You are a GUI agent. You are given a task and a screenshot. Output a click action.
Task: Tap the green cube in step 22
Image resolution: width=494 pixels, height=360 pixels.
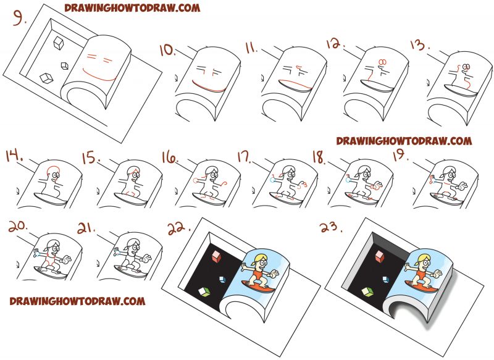pyautogui.click(x=202, y=290)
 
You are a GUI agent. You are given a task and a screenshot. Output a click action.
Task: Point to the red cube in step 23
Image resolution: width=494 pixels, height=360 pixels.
pyautogui.click(x=377, y=253)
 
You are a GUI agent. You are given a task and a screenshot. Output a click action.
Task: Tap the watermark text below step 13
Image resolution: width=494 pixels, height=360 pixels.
pyautogui.click(x=404, y=141)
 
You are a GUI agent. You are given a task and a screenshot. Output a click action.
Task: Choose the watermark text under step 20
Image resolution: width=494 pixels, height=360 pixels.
pyautogui.click(x=77, y=301)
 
